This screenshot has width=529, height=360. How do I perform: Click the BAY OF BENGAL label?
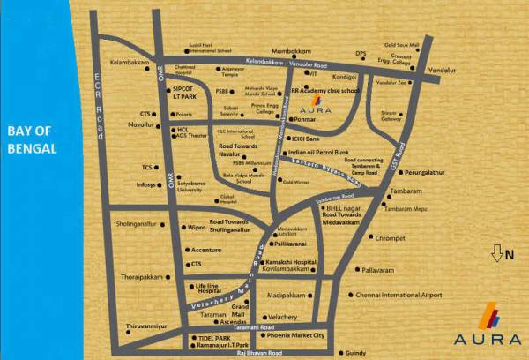(32, 141)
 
